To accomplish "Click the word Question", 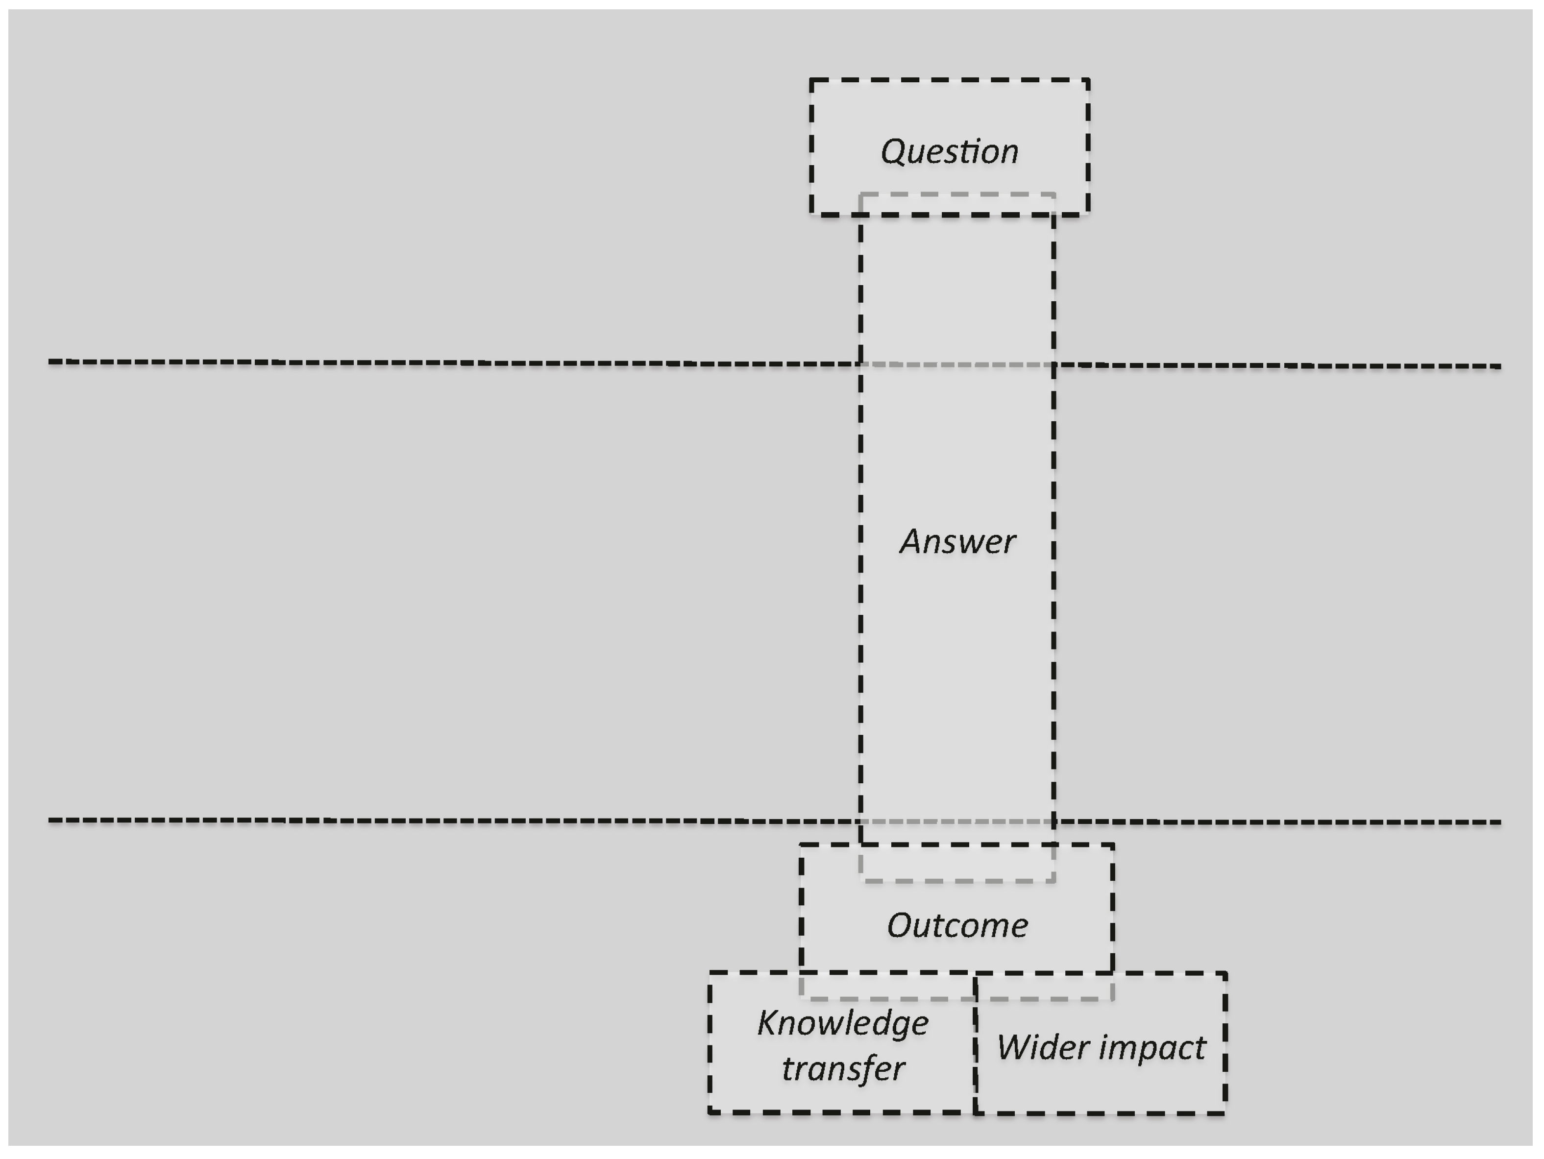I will click(x=949, y=151).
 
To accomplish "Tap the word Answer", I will click(x=957, y=541).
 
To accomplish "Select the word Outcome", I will click(x=957, y=926).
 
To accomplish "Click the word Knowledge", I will click(x=842, y=1024).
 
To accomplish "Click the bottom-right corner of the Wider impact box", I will click(x=1225, y=1113).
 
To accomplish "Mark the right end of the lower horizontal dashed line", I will click(x=1500, y=822).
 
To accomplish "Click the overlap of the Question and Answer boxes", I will click(x=957, y=204).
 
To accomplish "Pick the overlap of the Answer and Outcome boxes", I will click(x=957, y=863).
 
